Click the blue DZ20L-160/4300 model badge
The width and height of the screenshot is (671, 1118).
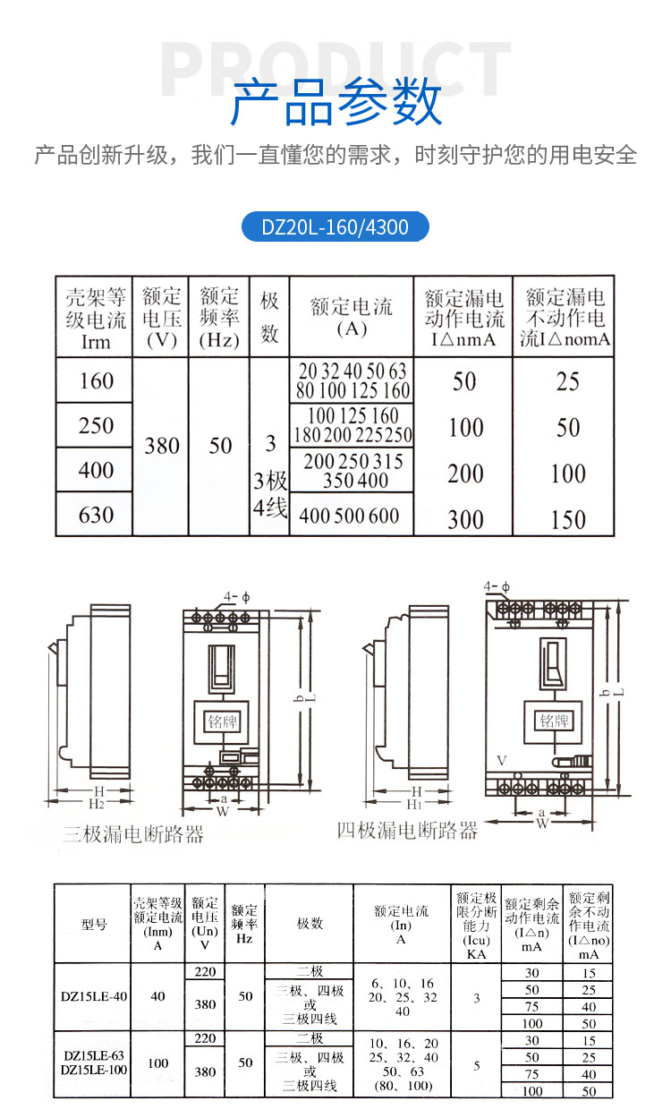[335, 227]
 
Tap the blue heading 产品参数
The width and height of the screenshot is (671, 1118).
[335, 103]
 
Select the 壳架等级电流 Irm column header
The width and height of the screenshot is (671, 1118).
[95, 317]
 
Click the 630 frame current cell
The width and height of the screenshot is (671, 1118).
[96, 515]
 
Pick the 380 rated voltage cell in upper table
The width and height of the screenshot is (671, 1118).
[162, 446]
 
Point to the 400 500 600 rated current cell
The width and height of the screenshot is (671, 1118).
[351, 516]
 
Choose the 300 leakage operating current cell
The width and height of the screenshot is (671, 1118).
[465, 518]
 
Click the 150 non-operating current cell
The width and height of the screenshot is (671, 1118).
[567, 519]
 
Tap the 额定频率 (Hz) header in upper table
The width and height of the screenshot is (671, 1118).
[219, 317]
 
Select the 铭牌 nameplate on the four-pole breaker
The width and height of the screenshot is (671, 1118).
[555, 721]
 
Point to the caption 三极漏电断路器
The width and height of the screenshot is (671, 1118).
[133, 835]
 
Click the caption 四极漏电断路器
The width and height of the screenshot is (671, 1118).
[407, 830]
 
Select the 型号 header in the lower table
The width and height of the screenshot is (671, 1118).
[93, 924]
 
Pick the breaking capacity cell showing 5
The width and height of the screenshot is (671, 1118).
[476, 1065]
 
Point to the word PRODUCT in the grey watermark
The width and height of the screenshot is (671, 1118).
[335, 64]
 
